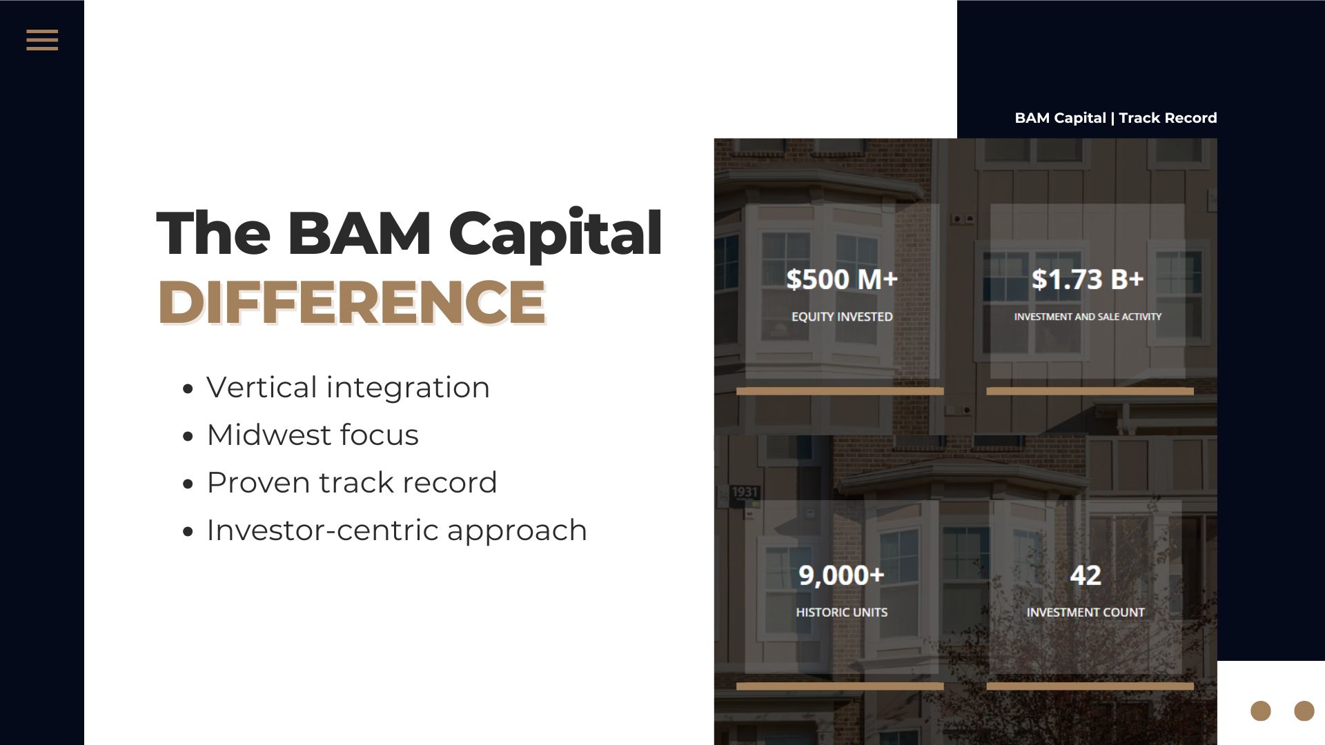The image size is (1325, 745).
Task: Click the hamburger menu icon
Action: (42, 40)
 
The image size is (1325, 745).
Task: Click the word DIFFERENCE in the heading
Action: (352, 301)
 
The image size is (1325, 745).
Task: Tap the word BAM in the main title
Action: (359, 232)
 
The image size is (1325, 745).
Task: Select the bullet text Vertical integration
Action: (348, 387)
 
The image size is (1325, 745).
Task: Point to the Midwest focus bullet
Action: (313, 435)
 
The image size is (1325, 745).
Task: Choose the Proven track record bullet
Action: (352, 482)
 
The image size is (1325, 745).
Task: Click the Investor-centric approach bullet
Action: (397, 530)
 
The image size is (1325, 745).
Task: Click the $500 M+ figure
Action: (842, 279)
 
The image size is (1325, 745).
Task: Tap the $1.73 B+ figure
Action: (1088, 279)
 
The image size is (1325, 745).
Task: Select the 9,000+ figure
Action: (841, 575)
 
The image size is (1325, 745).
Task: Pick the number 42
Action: (1086, 575)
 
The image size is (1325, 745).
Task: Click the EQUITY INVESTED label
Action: (842, 317)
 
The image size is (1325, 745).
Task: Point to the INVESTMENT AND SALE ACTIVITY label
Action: (1088, 317)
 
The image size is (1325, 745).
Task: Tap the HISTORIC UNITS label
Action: (842, 612)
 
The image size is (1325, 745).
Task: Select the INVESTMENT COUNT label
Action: (1086, 612)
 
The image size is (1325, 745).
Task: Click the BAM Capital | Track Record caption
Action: (1116, 118)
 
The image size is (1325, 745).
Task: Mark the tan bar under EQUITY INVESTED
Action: (840, 391)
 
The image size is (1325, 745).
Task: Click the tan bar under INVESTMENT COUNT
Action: (1090, 686)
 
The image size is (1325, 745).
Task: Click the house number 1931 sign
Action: (745, 492)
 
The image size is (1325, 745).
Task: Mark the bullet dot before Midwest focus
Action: (188, 437)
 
